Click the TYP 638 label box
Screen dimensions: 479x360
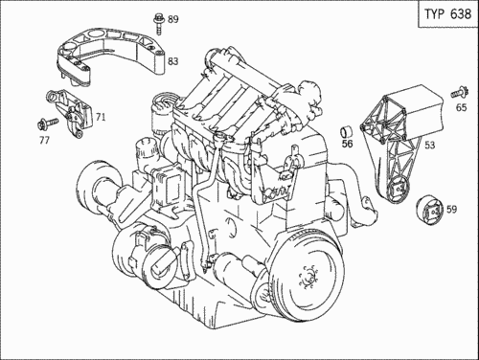coord(448,13)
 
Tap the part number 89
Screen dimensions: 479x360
coord(173,19)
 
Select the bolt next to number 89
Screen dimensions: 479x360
coord(158,24)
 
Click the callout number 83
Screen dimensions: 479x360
coord(173,61)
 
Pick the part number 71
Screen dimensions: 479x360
coord(101,118)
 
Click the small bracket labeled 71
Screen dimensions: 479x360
coord(71,113)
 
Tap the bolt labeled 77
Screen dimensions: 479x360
coord(47,124)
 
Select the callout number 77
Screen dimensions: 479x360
coord(44,140)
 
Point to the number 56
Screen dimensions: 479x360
coord(347,144)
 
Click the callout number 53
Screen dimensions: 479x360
coord(430,146)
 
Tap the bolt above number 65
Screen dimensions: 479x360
coord(460,92)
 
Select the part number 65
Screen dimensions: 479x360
coord(461,107)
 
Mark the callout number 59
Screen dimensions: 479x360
coord(451,210)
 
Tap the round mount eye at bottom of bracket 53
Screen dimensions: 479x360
coord(399,190)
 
